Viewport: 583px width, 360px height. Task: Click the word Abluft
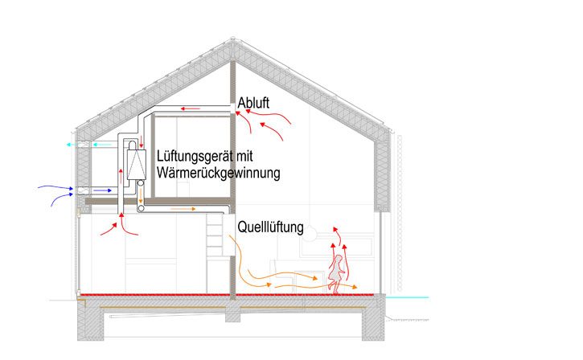coord(253,103)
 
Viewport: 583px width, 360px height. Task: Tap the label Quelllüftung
coord(269,227)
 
